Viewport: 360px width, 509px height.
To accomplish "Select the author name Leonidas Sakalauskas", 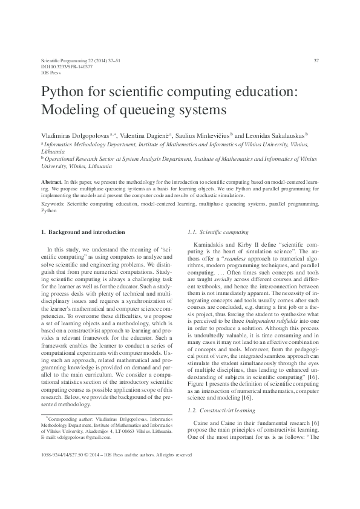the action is pos(275,136).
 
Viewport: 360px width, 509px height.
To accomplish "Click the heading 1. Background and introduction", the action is pos(82,232).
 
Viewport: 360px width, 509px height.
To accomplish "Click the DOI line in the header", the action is pos(59,66).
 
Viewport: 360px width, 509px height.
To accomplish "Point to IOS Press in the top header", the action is pos(50,72).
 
